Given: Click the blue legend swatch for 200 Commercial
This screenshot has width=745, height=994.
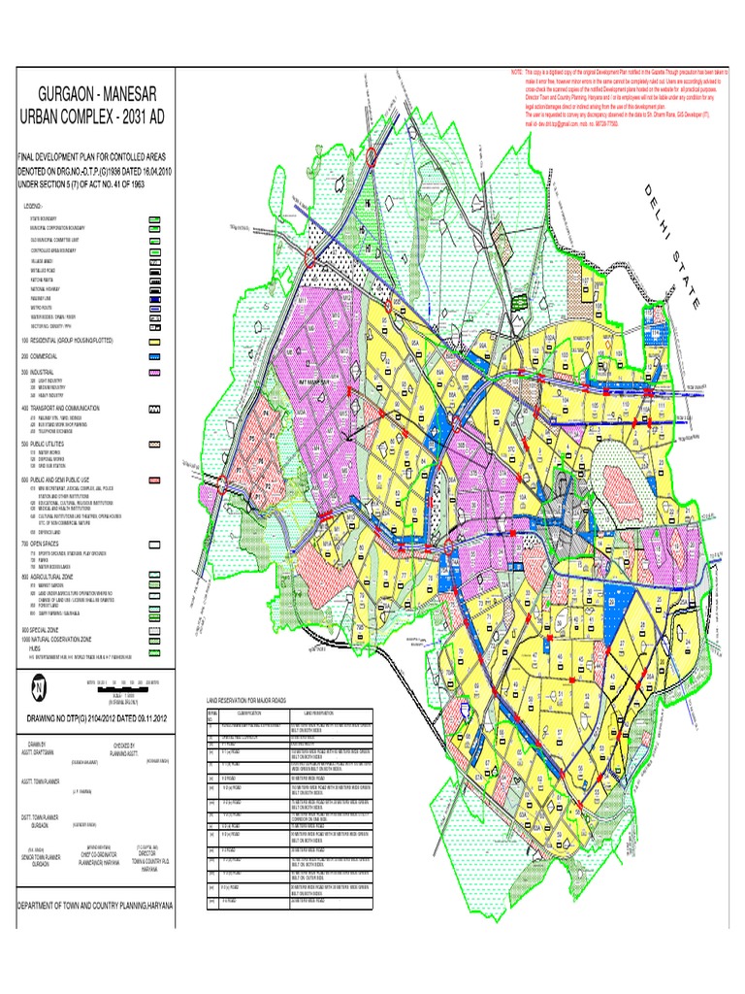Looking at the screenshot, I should [x=153, y=356].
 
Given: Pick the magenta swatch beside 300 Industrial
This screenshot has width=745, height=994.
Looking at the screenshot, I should [x=153, y=372].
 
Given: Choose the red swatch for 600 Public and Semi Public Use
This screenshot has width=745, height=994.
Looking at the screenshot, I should [x=153, y=480].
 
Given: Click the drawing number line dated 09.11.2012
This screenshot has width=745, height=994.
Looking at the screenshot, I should [x=92, y=716].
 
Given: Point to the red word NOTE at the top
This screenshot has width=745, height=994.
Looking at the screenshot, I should [x=515, y=73].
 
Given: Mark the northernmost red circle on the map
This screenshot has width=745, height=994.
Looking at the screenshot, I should [x=374, y=156].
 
